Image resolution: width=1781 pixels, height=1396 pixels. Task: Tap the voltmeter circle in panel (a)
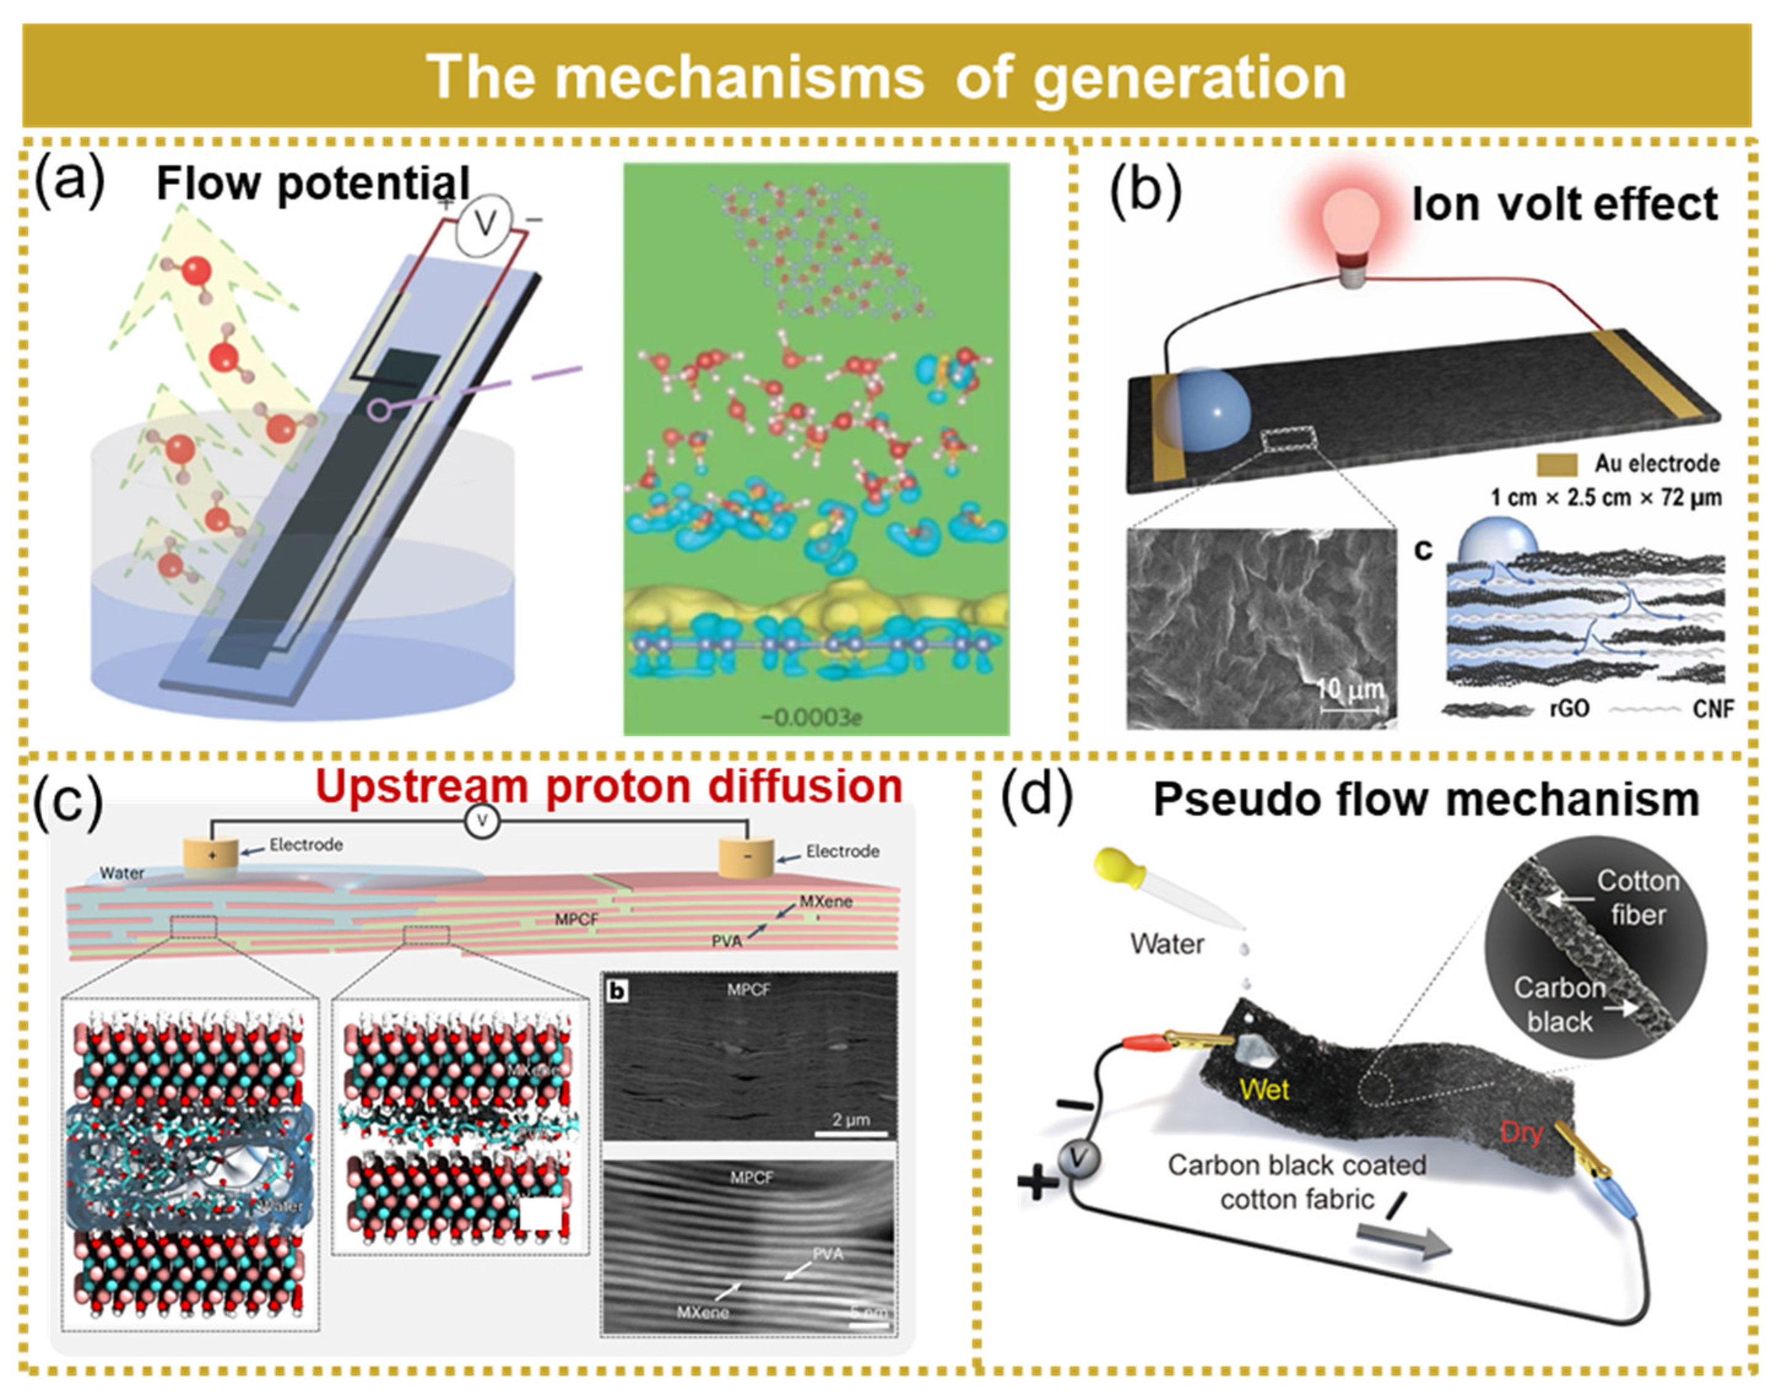(483, 222)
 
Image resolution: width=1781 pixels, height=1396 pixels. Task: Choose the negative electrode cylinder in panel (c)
(746, 857)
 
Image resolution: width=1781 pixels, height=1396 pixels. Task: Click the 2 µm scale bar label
(850, 1119)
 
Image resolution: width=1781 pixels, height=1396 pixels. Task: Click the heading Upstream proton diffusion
(609, 786)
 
